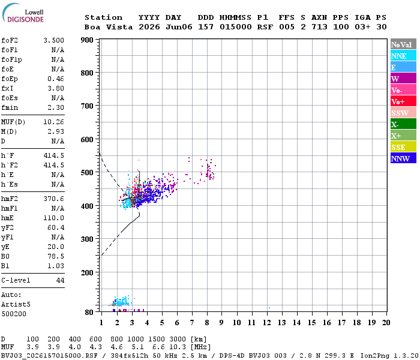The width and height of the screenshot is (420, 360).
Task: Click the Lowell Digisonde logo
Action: pos(23,13)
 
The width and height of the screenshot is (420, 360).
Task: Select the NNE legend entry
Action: pos(403,56)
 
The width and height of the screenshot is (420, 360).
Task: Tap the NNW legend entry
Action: pos(403,158)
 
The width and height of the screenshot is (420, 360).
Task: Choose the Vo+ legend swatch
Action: pos(403,101)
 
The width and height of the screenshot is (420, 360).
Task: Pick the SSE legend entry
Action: pos(403,147)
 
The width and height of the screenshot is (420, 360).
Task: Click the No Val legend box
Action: pos(403,44)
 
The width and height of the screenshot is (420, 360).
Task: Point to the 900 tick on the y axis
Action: pos(87,40)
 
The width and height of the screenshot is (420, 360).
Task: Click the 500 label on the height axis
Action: pos(87,173)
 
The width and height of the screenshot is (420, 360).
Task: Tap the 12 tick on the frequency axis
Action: pos(267,323)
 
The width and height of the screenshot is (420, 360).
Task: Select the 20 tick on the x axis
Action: pos(386,323)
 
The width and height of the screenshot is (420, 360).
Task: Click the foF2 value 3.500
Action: pos(53,40)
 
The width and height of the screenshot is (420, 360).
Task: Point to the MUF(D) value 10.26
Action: pos(53,122)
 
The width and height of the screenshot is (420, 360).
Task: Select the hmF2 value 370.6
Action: pos(53,199)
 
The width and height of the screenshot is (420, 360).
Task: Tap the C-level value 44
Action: pos(60,280)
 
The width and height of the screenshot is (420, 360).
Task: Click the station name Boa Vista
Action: pos(109,27)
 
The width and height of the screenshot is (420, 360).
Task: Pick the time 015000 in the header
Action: pos(235,27)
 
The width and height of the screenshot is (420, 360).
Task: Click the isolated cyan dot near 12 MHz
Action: pos(269,308)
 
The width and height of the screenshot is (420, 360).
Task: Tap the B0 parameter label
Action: pos(5,257)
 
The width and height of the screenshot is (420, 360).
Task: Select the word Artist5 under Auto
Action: pos(16,305)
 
